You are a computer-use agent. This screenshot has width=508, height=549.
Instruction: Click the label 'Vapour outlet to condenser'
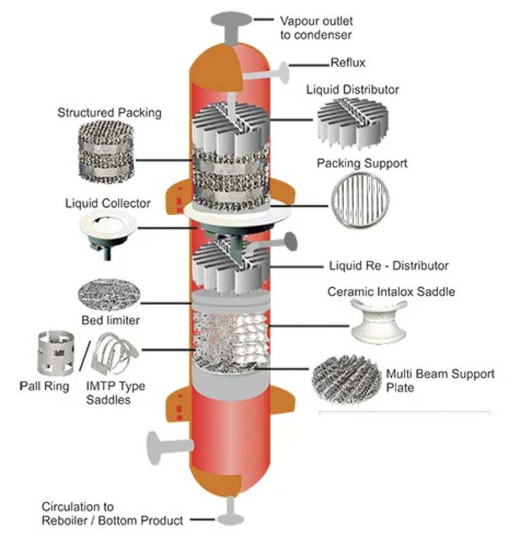pos(316,27)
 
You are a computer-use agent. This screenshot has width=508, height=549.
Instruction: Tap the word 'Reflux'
pos(348,62)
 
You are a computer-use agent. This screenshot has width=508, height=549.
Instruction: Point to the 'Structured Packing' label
pos(109,113)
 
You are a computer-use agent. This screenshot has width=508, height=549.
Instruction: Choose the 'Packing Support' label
pos(362,163)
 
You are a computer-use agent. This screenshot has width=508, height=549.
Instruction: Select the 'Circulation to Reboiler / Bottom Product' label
pos(112,513)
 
